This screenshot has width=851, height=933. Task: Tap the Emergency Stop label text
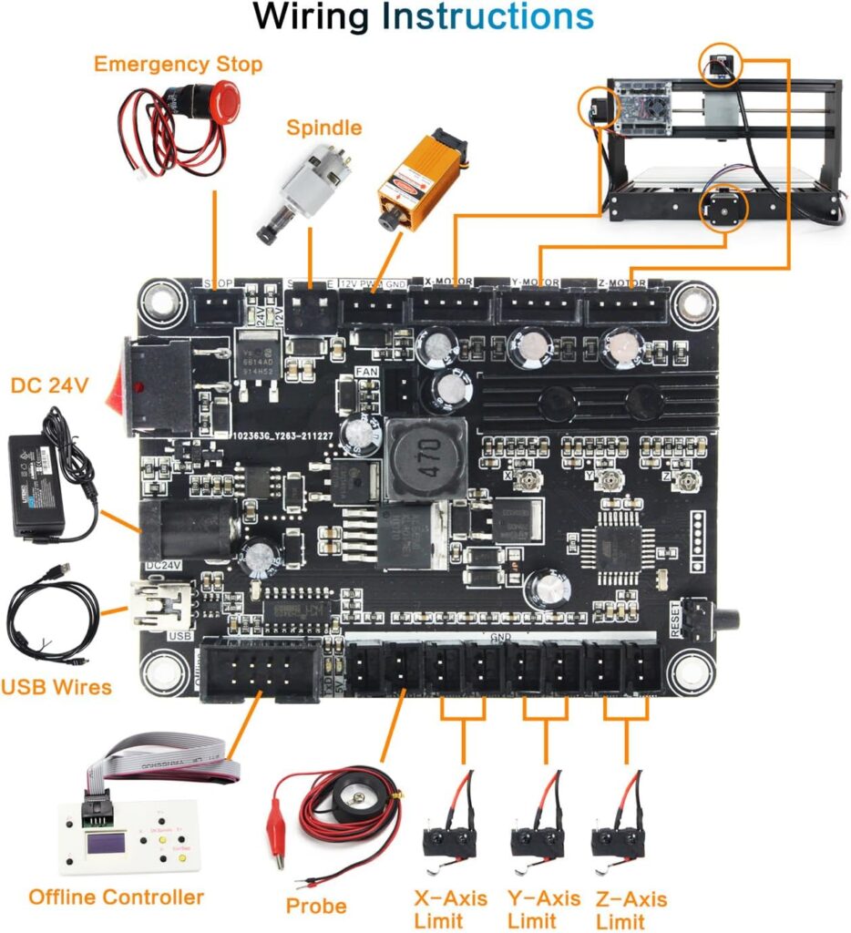click(x=178, y=64)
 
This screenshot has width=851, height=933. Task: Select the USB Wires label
click(x=56, y=686)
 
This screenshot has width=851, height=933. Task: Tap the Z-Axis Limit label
click(x=630, y=909)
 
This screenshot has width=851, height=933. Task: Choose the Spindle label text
click(x=323, y=128)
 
